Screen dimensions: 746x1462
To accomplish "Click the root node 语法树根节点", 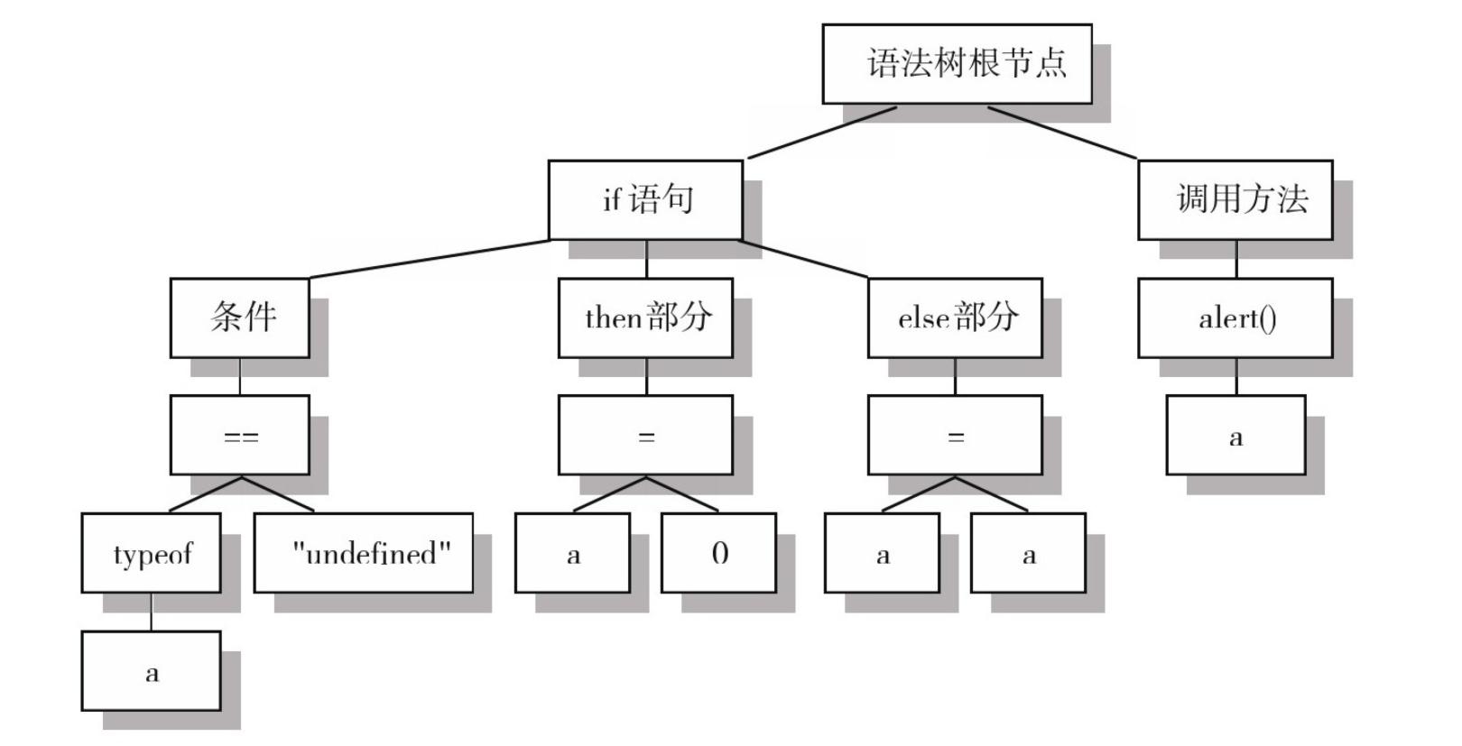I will coord(957,64).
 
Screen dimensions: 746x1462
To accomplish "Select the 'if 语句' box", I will coord(645,200).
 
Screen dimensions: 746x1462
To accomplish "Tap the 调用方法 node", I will coord(1235,200).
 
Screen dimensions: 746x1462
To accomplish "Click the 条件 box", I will coord(239,318).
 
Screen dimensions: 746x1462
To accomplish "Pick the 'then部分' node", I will coord(645,318).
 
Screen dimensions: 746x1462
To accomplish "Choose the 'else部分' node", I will coord(955,318).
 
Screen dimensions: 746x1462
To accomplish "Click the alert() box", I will coord(1235,318).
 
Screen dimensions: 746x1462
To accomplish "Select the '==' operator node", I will coord(239,435).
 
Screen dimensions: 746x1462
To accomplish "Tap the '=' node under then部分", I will coord(645,435).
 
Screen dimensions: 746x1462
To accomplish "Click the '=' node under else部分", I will coord(955,435).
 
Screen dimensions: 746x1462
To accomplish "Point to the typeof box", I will coord(151,553).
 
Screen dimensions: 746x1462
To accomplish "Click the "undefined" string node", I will coord(363,553).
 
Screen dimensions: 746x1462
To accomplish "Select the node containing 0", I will coord(718,553).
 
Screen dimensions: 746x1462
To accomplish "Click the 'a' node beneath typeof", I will coord(151,671).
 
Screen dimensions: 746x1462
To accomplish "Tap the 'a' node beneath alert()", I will coord(1235,435).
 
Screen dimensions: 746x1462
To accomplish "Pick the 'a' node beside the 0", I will coord(572,553).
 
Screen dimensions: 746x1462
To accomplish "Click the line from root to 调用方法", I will coord(1063,133).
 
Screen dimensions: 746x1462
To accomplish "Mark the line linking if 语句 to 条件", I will coord(429,259).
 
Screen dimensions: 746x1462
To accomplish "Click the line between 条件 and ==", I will coord(240,376).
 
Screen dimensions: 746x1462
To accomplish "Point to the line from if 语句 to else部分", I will coord(803,259).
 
